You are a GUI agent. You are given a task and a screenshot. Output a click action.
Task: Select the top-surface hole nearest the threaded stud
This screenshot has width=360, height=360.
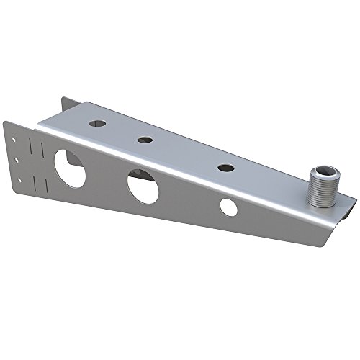point(225,167)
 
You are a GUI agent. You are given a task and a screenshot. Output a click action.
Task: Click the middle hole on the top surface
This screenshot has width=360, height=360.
point(145,140)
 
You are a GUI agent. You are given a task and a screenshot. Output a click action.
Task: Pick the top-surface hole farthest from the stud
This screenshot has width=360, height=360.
point(96,124)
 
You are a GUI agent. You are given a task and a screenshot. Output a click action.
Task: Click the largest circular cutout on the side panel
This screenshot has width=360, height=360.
point(70,167)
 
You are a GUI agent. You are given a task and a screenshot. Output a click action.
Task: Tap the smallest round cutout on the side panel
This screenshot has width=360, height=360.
point(228,207)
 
